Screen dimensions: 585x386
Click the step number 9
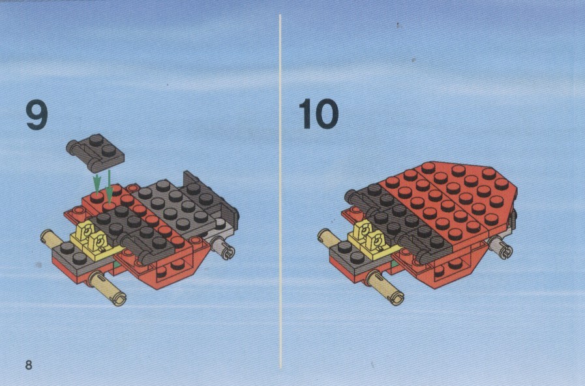tap(37, 115)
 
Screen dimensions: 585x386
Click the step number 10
tap(319, 114)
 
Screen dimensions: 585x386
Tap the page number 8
tap(29, 365)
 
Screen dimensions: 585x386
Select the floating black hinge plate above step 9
tap(95, 153)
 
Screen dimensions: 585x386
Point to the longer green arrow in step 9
tap(109, 187)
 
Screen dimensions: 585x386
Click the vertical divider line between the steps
tap(280, 191)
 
